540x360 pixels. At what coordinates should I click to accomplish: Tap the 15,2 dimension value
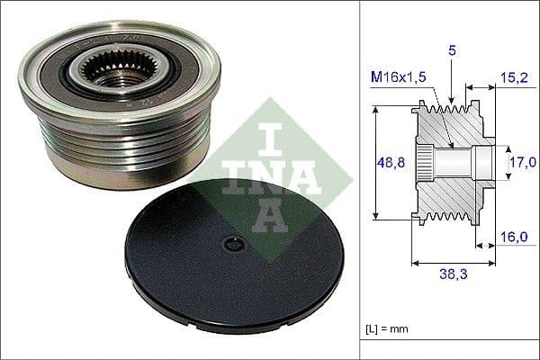tap(515, 78)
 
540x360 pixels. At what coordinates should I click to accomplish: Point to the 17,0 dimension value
tap(518, 163)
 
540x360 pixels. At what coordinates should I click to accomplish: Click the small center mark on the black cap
tap(232, 243)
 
